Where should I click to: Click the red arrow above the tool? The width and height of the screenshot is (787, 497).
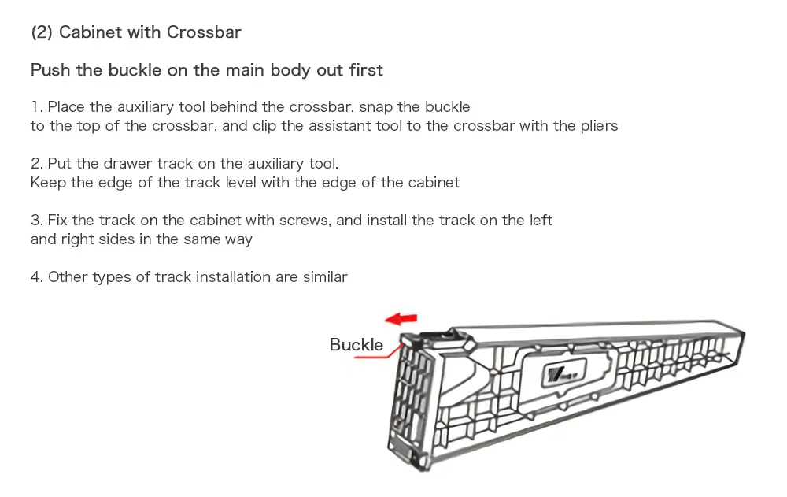pos(401,318)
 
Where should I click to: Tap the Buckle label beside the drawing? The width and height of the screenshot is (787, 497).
pos(356,345)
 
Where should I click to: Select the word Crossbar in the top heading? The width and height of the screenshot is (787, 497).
pos(204,32)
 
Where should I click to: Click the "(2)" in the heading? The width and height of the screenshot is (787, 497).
pos(41,32)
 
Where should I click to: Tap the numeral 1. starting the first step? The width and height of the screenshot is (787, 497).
pos(36,107)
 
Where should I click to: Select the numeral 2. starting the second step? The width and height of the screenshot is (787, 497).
pos(36,164)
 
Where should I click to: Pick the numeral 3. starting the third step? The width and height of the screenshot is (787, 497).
pos(36,221)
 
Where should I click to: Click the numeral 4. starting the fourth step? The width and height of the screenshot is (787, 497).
pos(36,277)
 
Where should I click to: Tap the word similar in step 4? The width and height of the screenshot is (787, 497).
pos(324,277)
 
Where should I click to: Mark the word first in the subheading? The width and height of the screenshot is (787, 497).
pos(366,70)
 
